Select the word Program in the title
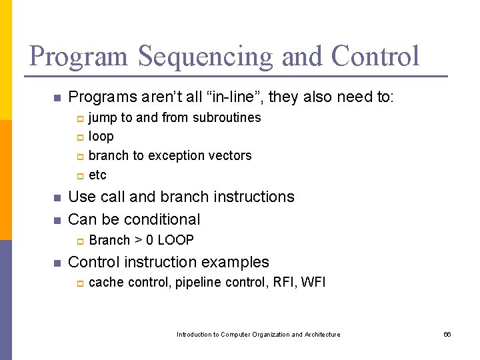coord(79,57)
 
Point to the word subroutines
coord(227,118)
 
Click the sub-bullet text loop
coord(101,137)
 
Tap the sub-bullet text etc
coord(97,175)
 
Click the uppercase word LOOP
coord(175,241)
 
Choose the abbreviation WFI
coord(313,282)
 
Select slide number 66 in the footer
coord(447,335)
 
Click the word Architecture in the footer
coord(322,335)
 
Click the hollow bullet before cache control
coord(78,283)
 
